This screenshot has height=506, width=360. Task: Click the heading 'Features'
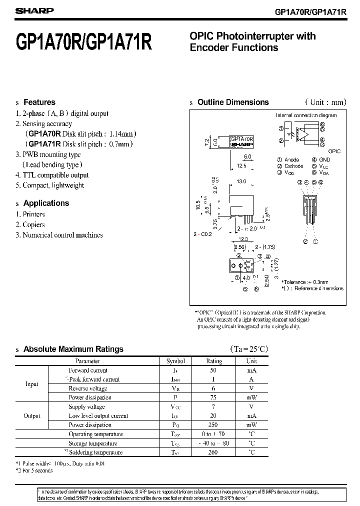click(x=39, y=102)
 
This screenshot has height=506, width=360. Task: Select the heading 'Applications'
click(x=46, y=203)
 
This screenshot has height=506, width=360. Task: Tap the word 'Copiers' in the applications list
click(x=33, y=224)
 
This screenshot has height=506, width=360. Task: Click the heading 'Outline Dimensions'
click(x=233, y=102)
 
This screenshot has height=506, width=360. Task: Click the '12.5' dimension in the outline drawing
click(x=242, y=165)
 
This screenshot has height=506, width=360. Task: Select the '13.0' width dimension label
click(x=241, y=181)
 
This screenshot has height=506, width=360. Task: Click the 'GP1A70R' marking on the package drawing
click(x=241, y=138)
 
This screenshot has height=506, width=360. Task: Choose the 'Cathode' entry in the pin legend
click(x=293, y=166)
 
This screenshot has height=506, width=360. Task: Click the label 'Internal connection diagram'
click(x=306, y=115)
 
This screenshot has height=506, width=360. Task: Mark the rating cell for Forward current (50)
click(x=214, y=370)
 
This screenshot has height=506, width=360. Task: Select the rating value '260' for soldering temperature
click(x=214, y=452)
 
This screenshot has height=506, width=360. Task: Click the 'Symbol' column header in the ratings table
click(x=175, y=361)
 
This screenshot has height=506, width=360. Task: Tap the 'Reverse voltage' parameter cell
click(x=88, y=388)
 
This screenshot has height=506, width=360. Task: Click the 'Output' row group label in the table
click(x=31, y=416)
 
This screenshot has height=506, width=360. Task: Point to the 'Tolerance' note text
click(x=309, y=282)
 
